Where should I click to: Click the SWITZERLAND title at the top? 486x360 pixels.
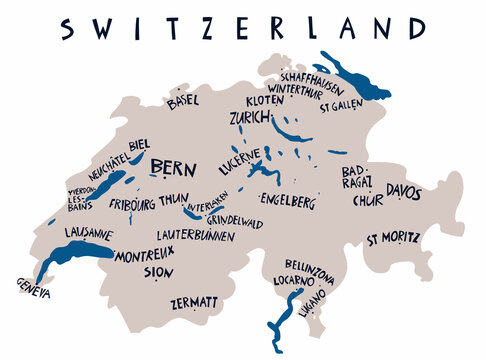(242, 28)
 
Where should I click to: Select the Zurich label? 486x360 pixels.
(250, 118)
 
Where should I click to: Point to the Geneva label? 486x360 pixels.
(33, 287)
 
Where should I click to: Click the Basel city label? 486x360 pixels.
(183, 101)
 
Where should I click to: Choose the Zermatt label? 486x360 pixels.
(194, 301)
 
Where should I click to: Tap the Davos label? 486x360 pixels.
(404, 191)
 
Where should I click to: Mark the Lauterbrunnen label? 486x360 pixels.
(196, 236)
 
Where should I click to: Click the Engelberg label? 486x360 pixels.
(287, 201)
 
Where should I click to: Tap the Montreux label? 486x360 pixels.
(145, 257)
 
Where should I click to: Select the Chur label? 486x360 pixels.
(367, 199)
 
